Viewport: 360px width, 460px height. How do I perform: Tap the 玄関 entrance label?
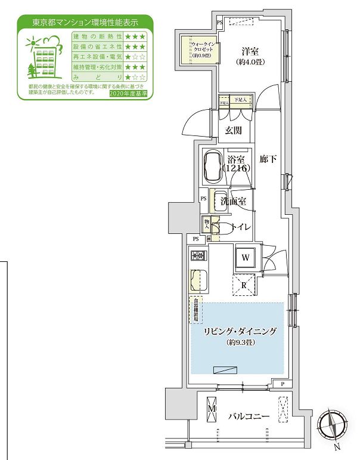(x=233, y=129)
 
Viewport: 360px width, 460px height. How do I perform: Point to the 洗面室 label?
(x=232, y=202)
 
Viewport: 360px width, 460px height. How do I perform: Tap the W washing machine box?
(x=246, y=258)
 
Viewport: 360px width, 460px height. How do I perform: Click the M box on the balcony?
(x=213, y=412)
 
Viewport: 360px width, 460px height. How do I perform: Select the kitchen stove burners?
(x=197, y=256)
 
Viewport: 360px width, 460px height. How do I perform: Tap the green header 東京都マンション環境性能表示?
(x=85, y=23)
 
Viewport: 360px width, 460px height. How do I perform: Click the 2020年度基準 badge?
(x=130, y=94)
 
